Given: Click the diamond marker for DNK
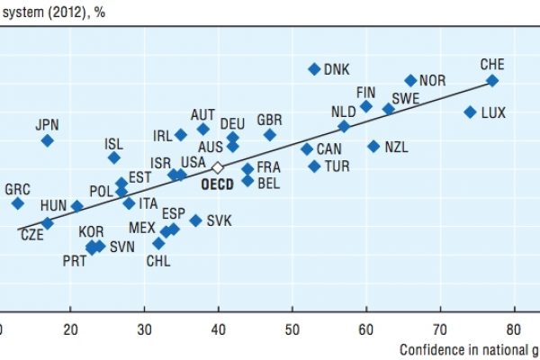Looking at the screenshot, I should (x=314, y=68).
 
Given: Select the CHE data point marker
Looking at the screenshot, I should (x=492, y=80).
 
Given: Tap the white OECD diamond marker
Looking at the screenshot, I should (x=217, y=167).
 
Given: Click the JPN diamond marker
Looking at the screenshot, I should (x=47, y=140).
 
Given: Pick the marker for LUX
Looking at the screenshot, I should (x=470, y=112).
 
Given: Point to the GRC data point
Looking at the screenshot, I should (x=17, y=203).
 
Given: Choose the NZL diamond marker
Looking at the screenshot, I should (x=373, y=146).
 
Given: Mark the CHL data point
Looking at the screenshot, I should (x=158, y=243).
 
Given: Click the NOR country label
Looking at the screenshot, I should (x=432, y=80).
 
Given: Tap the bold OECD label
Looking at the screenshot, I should (x=217, y=184).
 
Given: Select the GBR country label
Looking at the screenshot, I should (x=270, y=120).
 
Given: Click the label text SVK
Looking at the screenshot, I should (x=220, y=220).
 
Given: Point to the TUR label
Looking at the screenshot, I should (x=337, y=166).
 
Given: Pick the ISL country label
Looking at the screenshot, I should (x=113, y=142).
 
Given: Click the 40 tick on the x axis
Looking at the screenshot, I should (x=218, y=329).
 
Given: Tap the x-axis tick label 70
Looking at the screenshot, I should (x=440, y=329).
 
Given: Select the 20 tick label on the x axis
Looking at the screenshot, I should (x=70, y=329).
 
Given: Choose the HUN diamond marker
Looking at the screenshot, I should (x=77, y=206).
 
